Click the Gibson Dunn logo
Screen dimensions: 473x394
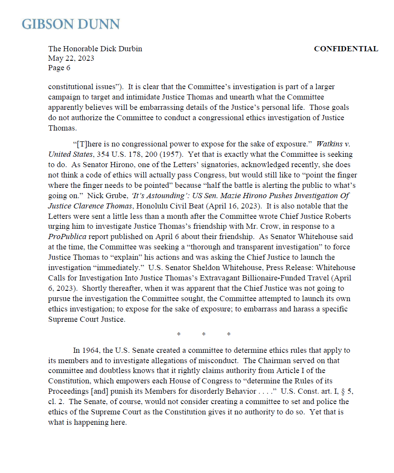click(x=71, y=24)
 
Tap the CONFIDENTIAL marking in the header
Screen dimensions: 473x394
click(x=346, y=49)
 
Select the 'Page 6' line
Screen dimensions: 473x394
click(x=59, y=68)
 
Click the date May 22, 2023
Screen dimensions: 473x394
click(x=71, y=59)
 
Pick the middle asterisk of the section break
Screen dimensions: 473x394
click(x=203, y=334)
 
